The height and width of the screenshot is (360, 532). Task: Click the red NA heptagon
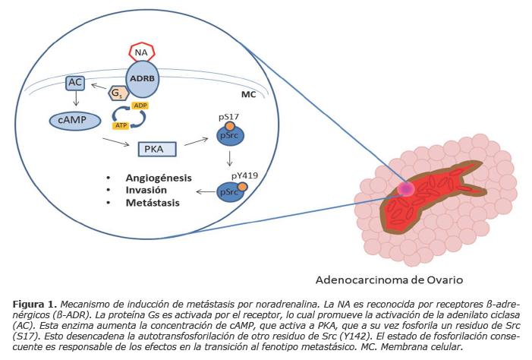coord(140,52)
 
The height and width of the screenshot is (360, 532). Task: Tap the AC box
coord(75,81)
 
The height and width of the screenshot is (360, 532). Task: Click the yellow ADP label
coord(140,105)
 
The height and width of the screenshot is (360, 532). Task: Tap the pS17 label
coord(228,116)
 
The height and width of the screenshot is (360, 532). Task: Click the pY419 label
coord(244,174)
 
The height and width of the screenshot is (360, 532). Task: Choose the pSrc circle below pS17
coord(231,135)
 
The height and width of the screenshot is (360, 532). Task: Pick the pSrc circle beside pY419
coord(231,192)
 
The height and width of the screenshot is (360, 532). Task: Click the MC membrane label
coord(248,96)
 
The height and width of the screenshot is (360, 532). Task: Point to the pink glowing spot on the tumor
coord(406,188)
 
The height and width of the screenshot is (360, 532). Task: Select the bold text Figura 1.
coord(33,304)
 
